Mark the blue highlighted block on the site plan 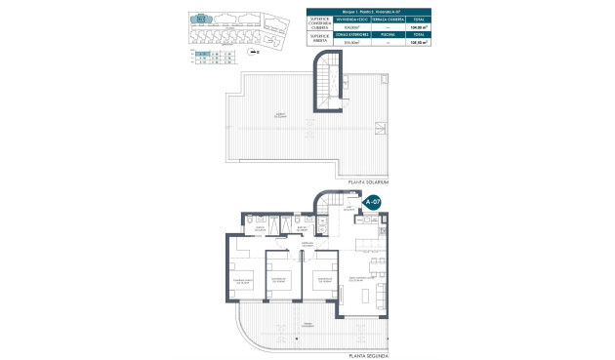point(202,18)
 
